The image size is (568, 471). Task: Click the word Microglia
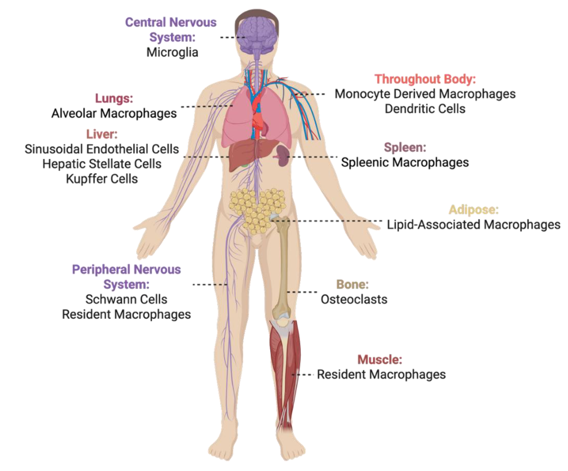(x=172, y=52)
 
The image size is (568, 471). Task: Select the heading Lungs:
(x=114, y=98)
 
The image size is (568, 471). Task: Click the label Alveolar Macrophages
(x=114, y=113)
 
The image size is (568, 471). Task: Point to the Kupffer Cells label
(x=102, y=179)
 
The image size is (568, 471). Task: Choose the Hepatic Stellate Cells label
(x=102, y=164)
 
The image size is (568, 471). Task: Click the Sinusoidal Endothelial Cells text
(x=102, y=149)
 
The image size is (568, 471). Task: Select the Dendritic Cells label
(x=425, y=109)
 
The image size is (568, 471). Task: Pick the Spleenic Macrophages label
(x=405, y=162)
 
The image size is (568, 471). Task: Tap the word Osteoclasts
(x=354, y=299)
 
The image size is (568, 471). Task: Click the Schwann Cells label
(x=126, y=299)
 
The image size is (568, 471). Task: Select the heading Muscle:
(x=380, y=360)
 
